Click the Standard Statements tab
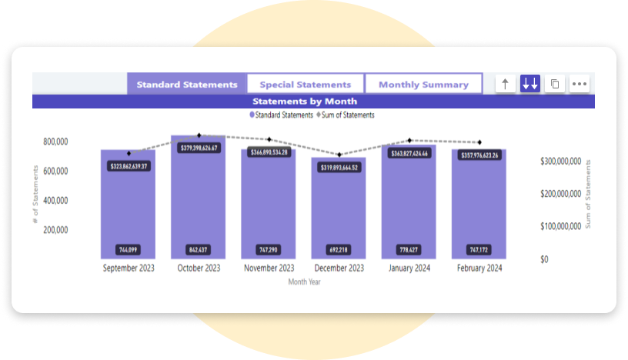[187, 85]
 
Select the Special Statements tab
[306, 85]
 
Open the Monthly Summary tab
[423, 85]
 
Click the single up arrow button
[505, 85]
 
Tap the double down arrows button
[529, 85]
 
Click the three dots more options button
[580, 85]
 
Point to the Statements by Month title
[305, 101]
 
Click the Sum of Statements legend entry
[346, 115]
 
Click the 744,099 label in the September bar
[128, 250]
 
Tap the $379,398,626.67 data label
[199, 148]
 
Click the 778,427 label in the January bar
[409, 250]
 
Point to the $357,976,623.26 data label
[479, 155]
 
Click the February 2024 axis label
[479, 268]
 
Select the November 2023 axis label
[269, 268]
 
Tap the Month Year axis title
[304, 282]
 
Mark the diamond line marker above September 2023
[129, 153]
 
